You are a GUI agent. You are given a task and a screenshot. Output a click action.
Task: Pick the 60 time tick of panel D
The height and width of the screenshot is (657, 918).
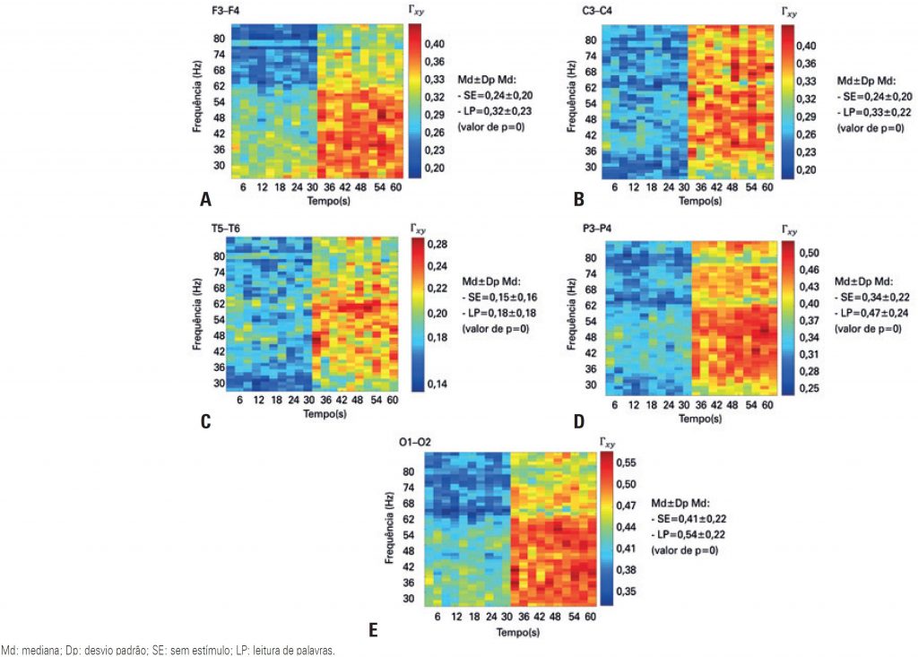click(x=769, y=406)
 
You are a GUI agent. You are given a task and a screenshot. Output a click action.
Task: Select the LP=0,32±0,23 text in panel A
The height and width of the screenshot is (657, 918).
click(x=498, y=112)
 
